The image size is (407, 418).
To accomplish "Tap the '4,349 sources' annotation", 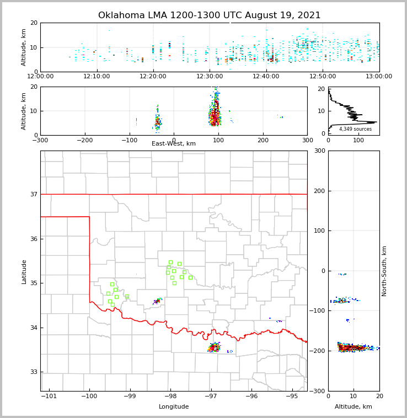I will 355,129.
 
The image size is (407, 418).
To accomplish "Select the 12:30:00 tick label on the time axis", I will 210,77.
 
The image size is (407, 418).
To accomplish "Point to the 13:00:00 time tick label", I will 379,77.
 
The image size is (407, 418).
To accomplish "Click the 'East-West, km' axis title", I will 174,144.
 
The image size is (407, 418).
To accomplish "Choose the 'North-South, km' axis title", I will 384,271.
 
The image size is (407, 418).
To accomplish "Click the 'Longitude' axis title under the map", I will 174,407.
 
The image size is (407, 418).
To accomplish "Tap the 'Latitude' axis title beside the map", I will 24,271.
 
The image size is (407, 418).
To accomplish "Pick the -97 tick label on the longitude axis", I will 211,396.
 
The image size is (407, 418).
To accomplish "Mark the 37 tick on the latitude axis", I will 33,194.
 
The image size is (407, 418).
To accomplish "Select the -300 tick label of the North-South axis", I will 318,391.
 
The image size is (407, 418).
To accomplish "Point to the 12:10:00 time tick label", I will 97,77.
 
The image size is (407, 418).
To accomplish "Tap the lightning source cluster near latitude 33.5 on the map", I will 214,347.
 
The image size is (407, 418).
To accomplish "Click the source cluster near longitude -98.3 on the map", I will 158,301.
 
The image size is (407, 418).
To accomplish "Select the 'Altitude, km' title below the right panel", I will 354,407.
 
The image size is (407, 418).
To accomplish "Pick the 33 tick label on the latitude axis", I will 33,372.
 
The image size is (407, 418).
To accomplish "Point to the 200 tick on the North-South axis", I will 319,191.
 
